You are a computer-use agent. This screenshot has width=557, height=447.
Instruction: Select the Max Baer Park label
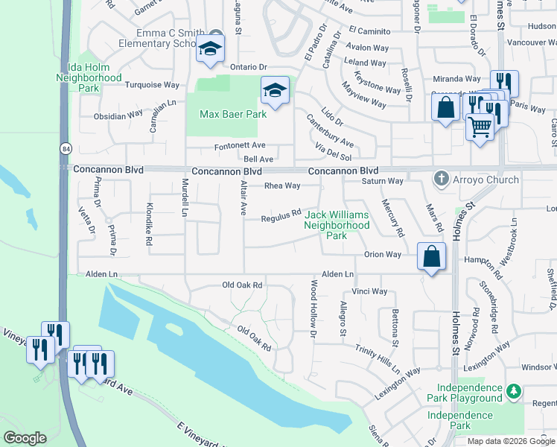(x=233, y=115)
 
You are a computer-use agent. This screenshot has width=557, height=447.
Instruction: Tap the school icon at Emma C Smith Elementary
(x=210, y=49)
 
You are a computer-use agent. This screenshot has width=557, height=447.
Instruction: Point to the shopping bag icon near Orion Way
(x=432, y=256)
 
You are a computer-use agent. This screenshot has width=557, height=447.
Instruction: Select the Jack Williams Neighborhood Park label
(x=337, y=225)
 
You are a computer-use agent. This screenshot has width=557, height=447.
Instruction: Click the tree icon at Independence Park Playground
(x=513, y=390)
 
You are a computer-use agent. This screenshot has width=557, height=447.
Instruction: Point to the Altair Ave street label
(x=243, y=197)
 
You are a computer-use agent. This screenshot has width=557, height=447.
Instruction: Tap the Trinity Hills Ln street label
(x=378, y=361)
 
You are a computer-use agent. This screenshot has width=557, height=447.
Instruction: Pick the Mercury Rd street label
(x=392, y=217)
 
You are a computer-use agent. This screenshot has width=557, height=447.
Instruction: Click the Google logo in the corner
(x=25, y=438)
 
